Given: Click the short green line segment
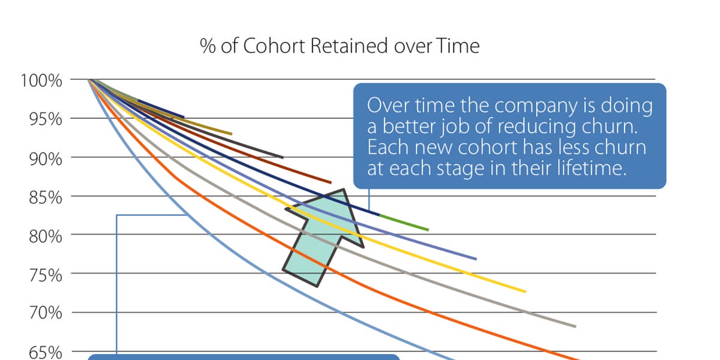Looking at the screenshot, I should (x=404, y=222).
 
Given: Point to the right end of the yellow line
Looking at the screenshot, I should (x=525, y=292).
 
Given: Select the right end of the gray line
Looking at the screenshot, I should (x=575, y=326).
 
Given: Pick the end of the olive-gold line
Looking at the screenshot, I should (x=231, y=134).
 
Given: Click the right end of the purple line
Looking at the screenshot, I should (x=476, y=259).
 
